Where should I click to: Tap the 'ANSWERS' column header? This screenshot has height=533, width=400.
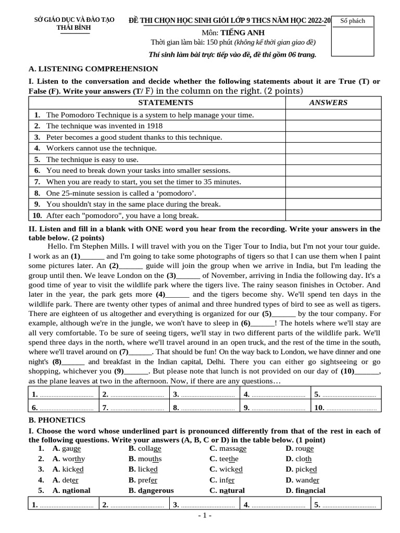(328, 103)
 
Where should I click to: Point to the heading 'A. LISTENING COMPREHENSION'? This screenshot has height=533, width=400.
(93, 69)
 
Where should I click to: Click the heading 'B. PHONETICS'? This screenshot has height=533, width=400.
(57, 420)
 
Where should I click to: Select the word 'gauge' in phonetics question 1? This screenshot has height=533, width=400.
(71, 448)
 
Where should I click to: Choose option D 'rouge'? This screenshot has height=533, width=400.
(304, 448)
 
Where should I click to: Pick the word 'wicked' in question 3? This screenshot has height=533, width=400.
(231, 469)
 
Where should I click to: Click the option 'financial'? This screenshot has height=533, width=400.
(310, 490)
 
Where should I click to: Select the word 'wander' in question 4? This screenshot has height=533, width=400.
(307, 480)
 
